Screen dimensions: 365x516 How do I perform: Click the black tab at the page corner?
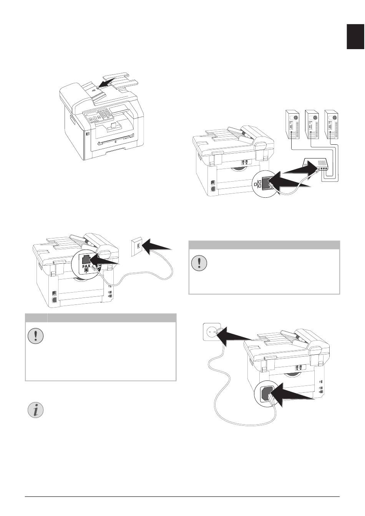pos(355,36)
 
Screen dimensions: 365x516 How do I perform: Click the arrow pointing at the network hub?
pos(300,169)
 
